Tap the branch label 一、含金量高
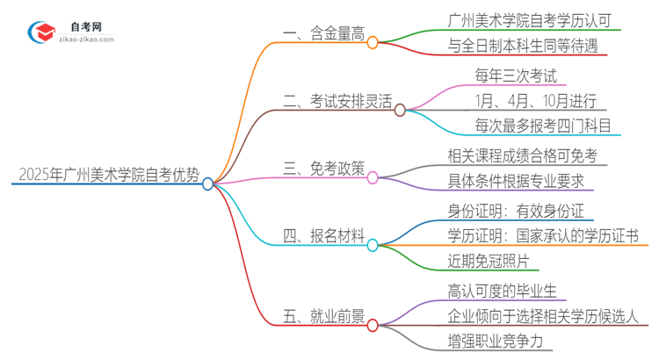click(320, 34)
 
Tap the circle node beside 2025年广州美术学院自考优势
click(208, 184)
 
